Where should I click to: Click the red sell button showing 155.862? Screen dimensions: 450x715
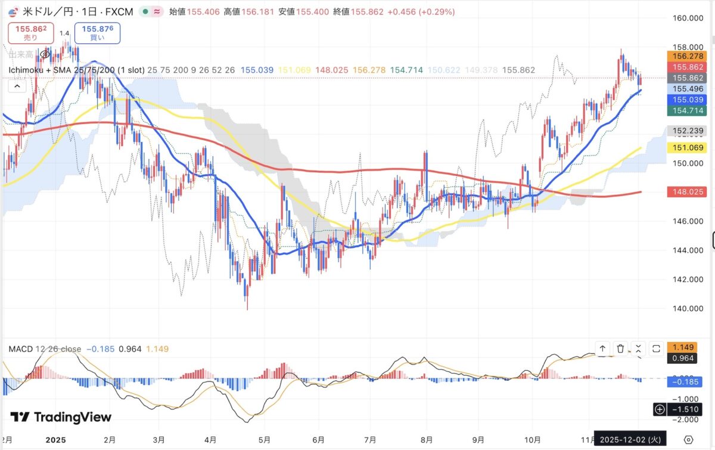(30, 33)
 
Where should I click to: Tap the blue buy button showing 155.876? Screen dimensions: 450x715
(97, 33)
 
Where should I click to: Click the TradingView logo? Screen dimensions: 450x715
(61, 417)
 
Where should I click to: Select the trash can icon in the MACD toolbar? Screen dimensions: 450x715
(620, 349)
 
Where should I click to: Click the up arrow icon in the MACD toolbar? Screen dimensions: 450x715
(602, 349)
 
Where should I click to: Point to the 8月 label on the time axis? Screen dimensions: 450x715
(427, 440)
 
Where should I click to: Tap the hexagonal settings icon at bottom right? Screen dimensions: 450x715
(689, 439)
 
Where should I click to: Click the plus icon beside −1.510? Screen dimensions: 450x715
(660, 409)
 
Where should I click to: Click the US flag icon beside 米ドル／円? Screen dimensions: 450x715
(12, 11)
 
